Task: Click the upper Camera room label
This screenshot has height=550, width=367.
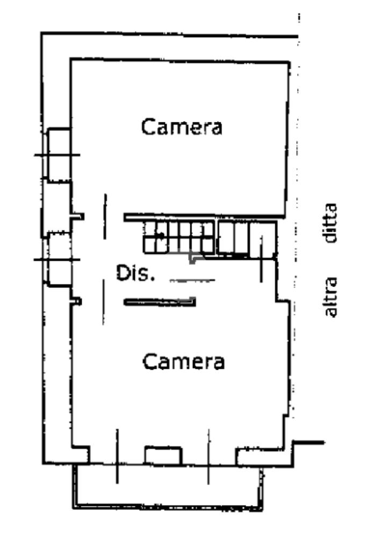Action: click(182, 127)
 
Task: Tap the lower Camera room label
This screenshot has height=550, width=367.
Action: click(184, 361)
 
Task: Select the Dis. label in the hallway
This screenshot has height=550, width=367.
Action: click(135, 273)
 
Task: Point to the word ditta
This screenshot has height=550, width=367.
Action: click(331, 223)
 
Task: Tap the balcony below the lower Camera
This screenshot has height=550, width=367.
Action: click(168, 487)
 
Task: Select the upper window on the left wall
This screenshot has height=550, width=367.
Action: click(59, 155)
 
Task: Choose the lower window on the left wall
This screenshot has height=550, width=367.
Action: click(59, 259)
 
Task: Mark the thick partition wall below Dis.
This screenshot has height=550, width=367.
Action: click(160, 302)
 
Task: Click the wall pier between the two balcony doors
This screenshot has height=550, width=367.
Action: click(163, 456)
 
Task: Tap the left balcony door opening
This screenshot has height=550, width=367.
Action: click(117, 456)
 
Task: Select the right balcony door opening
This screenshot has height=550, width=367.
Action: click(209, 456)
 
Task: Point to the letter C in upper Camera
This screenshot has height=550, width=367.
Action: click(148, 127)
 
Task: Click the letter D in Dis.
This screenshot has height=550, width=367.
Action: click(123, 273)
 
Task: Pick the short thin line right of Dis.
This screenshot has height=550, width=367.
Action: click(192, 280)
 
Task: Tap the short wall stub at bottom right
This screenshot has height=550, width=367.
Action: click(308, 443)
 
